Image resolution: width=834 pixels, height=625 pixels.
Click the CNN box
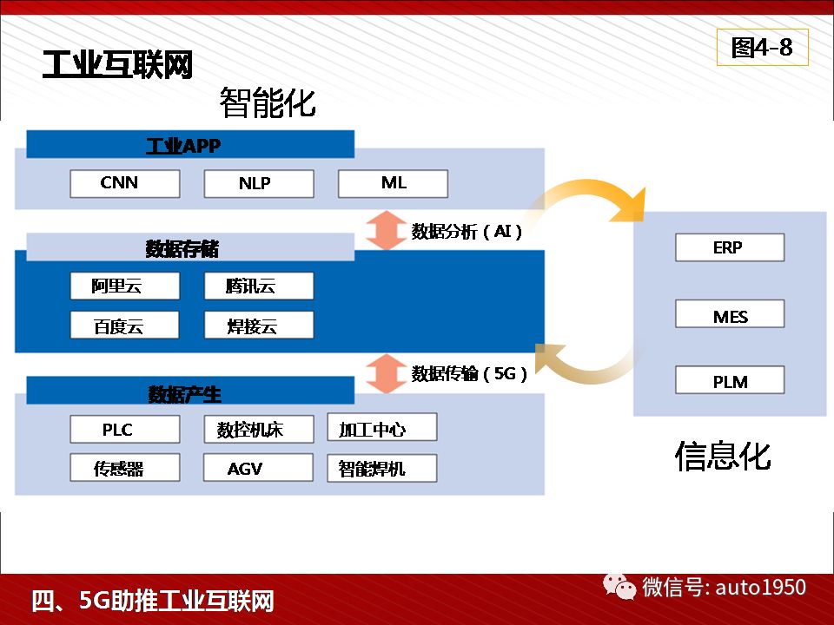tap(125, 183)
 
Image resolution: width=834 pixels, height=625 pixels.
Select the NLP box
tap(259, 183)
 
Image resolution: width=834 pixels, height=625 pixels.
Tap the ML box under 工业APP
tap(393, 183)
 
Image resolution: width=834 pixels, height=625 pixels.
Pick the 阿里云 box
tap(125, 286)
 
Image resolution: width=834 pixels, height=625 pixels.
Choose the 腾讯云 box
tap(259, 286)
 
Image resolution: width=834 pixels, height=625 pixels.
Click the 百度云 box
tap(125, 326)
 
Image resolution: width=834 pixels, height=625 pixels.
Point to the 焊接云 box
tap(259, 326)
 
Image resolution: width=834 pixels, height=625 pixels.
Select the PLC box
tap(125, 429)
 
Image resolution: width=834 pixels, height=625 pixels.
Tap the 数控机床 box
tap(259, 429)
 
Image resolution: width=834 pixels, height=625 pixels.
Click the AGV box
tap(259, 468)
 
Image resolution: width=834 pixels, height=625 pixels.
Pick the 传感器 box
tap(125, 468)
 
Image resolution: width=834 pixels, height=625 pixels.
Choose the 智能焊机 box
tap(382, 468)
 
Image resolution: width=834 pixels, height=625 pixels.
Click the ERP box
tap(730, 247)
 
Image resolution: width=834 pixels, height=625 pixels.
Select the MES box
tap(730, 313)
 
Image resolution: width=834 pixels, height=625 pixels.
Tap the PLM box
tap(730, 379)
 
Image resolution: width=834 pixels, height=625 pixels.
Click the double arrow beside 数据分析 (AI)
tap(387, 230)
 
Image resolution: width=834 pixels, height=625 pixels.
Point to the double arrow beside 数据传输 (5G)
tap(387, 373)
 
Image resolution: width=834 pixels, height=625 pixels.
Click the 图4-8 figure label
tap(763, 47)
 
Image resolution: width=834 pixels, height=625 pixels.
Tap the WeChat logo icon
tap(619, 587)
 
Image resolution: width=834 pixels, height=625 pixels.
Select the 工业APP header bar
tap(190, 144)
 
